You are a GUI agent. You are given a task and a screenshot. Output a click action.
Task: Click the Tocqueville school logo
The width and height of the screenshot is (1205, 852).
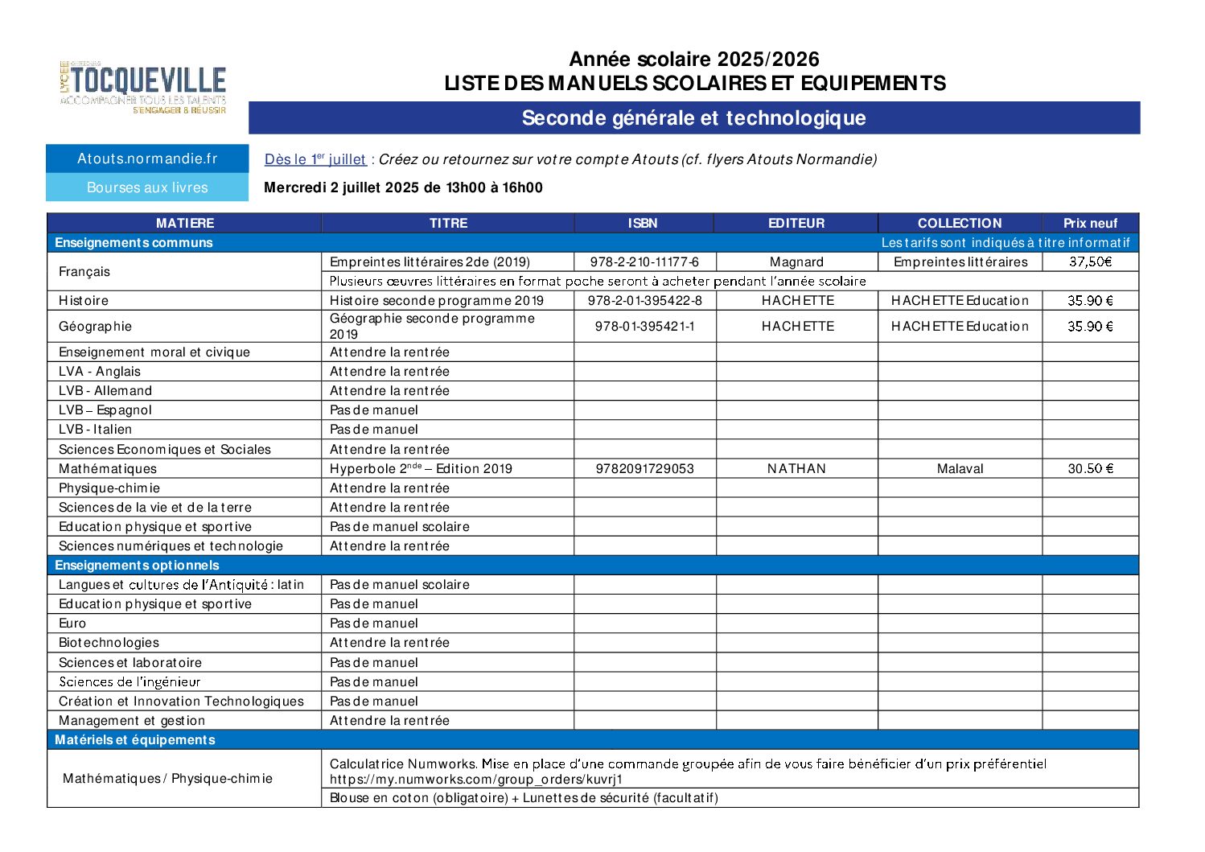click(143, 87)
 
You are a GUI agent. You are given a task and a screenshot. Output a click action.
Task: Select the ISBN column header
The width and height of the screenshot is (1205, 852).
click(643, 223)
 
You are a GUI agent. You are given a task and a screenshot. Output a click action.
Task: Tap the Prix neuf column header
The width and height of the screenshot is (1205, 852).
click(1090, 223)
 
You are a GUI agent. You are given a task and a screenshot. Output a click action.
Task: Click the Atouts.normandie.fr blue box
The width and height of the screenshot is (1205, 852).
click(147, 158)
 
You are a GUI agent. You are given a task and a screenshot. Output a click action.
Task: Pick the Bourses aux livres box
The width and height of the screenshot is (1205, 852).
click(147, 187)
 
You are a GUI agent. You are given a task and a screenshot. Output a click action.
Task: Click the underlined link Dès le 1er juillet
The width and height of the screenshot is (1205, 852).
click(315, 159)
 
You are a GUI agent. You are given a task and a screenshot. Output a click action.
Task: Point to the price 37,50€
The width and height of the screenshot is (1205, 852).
click(1090, 261)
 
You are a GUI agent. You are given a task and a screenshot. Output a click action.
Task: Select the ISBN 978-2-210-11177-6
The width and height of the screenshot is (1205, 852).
click(644, 261)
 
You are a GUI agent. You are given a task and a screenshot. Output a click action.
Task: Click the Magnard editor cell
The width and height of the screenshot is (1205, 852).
click(796, 261)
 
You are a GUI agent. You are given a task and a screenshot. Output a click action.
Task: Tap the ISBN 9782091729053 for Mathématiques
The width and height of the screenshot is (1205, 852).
click(644, 468)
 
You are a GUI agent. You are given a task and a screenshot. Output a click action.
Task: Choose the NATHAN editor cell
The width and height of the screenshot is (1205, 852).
click(796, 468)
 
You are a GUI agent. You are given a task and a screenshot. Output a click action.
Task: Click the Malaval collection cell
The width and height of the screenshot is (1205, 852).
click(960, 468)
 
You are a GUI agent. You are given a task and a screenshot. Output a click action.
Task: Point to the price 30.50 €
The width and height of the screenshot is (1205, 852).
click(1090, 468)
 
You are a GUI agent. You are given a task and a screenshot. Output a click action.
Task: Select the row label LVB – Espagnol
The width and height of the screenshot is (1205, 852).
click(105, 410)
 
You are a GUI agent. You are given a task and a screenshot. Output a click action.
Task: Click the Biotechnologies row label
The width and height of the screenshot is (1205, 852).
click(109, 642)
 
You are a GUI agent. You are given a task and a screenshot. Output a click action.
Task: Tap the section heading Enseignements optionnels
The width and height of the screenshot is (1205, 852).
click(137, 565)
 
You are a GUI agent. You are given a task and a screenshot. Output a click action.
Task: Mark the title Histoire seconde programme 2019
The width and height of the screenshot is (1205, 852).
click(437, 300)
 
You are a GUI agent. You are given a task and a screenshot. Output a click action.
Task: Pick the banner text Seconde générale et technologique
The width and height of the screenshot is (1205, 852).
click(693, 117)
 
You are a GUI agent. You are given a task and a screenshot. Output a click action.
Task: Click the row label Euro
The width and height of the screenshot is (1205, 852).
click(72, 623)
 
